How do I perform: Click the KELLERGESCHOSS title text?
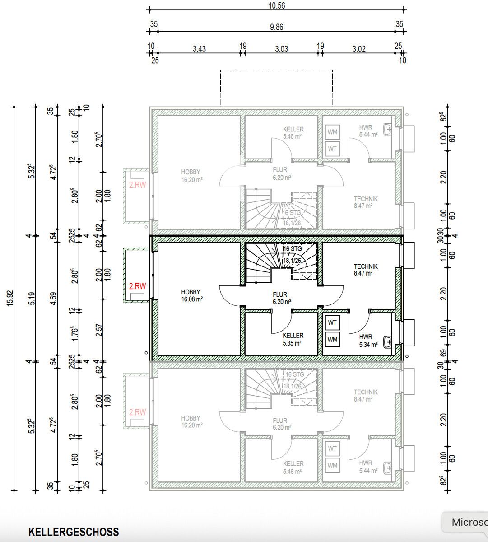(x=74, y=532)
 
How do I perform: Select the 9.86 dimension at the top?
(x=276, y=27)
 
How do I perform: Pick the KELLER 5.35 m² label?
(x=293, y=339)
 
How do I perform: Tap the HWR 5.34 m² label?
(x=366, y=340)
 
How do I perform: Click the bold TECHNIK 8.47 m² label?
(x=366, y=270)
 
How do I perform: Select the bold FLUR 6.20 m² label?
(x=280, y=298)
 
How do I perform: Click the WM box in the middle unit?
(x=333, y=339)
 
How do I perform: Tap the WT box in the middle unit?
(x=333, y=323)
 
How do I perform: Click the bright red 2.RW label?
(x=137, y=286)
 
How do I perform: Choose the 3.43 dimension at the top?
(x=199, y=49)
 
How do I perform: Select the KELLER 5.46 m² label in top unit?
(x=293, y=132)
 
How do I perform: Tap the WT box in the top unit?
(x=333, y=148)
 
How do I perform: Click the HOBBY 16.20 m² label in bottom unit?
(x=191, y=421)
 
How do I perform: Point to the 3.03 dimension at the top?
(x=281, y=49)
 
